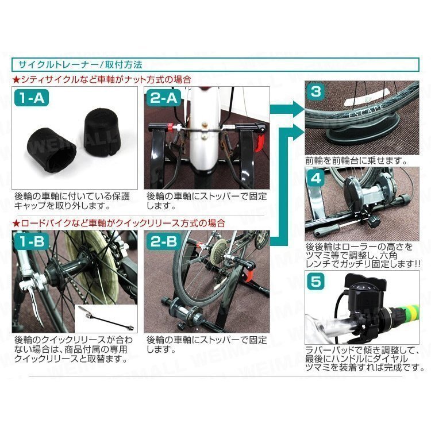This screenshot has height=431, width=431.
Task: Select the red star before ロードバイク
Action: (16, 223)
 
